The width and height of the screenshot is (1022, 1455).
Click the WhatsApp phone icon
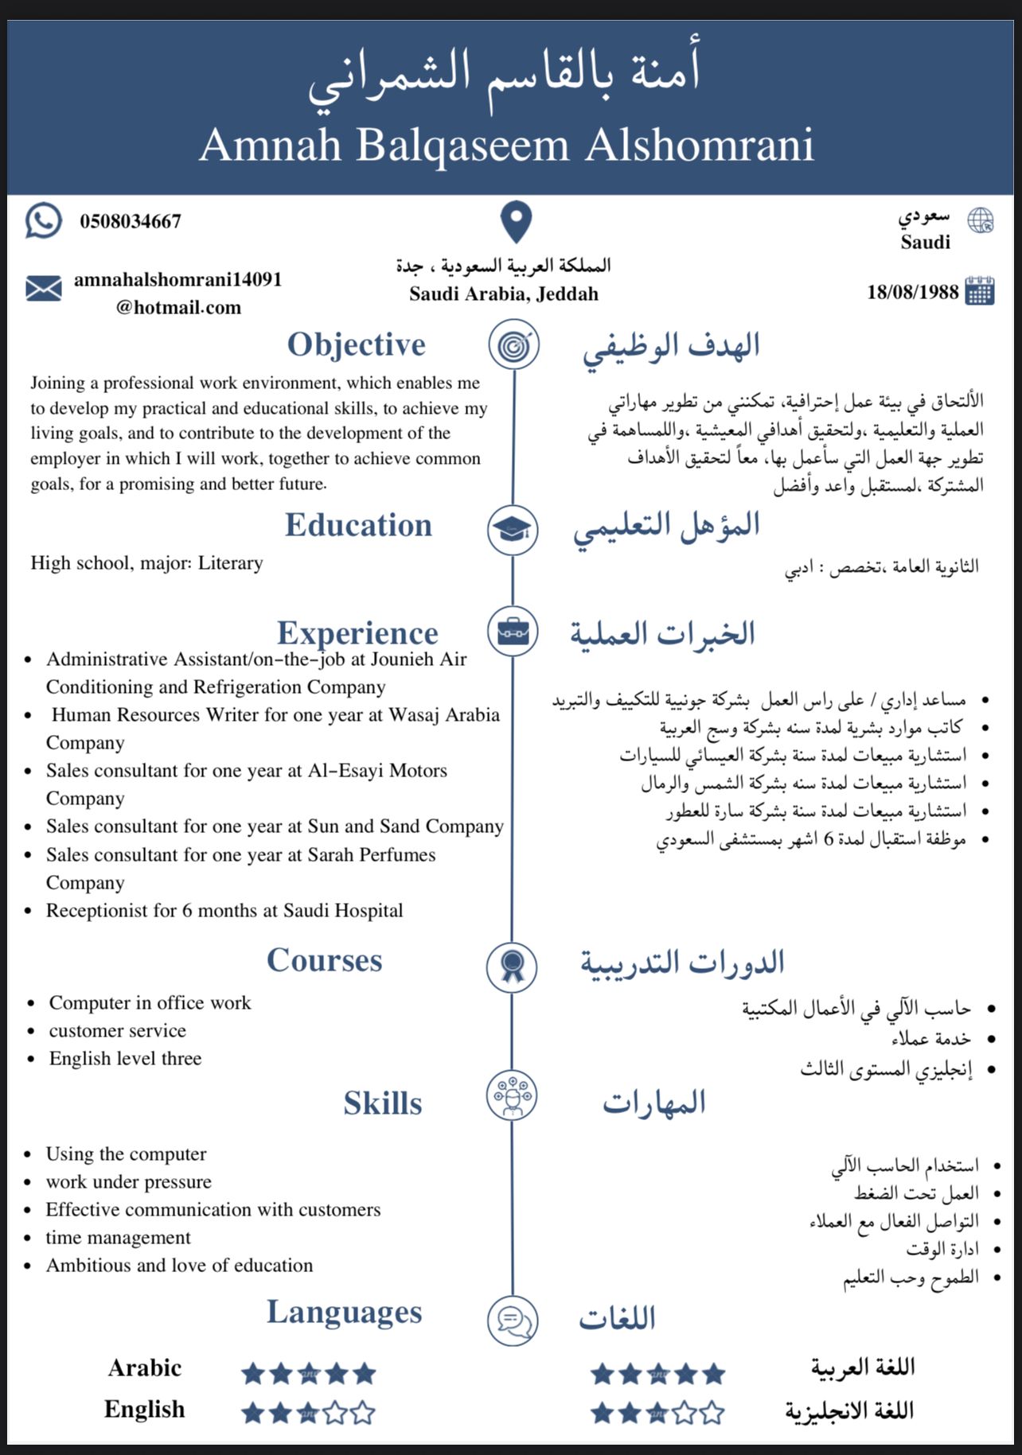click(43, 220)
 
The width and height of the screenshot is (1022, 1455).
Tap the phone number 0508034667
click(131, 221)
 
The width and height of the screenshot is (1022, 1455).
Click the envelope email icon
click(43, 288)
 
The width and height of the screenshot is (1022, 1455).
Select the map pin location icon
click(516, 222)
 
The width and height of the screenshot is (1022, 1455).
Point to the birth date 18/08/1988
click(912, 292)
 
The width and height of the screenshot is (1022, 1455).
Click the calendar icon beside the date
click(980, 291)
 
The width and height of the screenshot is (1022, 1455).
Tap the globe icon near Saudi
click(981, 220)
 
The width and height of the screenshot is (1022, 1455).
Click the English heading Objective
click(356, 344)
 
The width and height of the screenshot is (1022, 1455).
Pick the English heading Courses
click(324, 960)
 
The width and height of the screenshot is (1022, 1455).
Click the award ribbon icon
click(512, 966)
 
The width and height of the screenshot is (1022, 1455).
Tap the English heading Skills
click(383, 1103)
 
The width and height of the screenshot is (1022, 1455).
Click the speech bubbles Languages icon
click(513, 1320)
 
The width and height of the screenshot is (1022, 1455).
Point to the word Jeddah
click(567, 294)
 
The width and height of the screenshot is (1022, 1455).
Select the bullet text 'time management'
click(118, 1237)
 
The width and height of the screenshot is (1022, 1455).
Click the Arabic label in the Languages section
click(145, 1368)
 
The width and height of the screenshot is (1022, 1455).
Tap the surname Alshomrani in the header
click(700, 146)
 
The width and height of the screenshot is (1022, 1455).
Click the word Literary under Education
click(230, 563)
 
